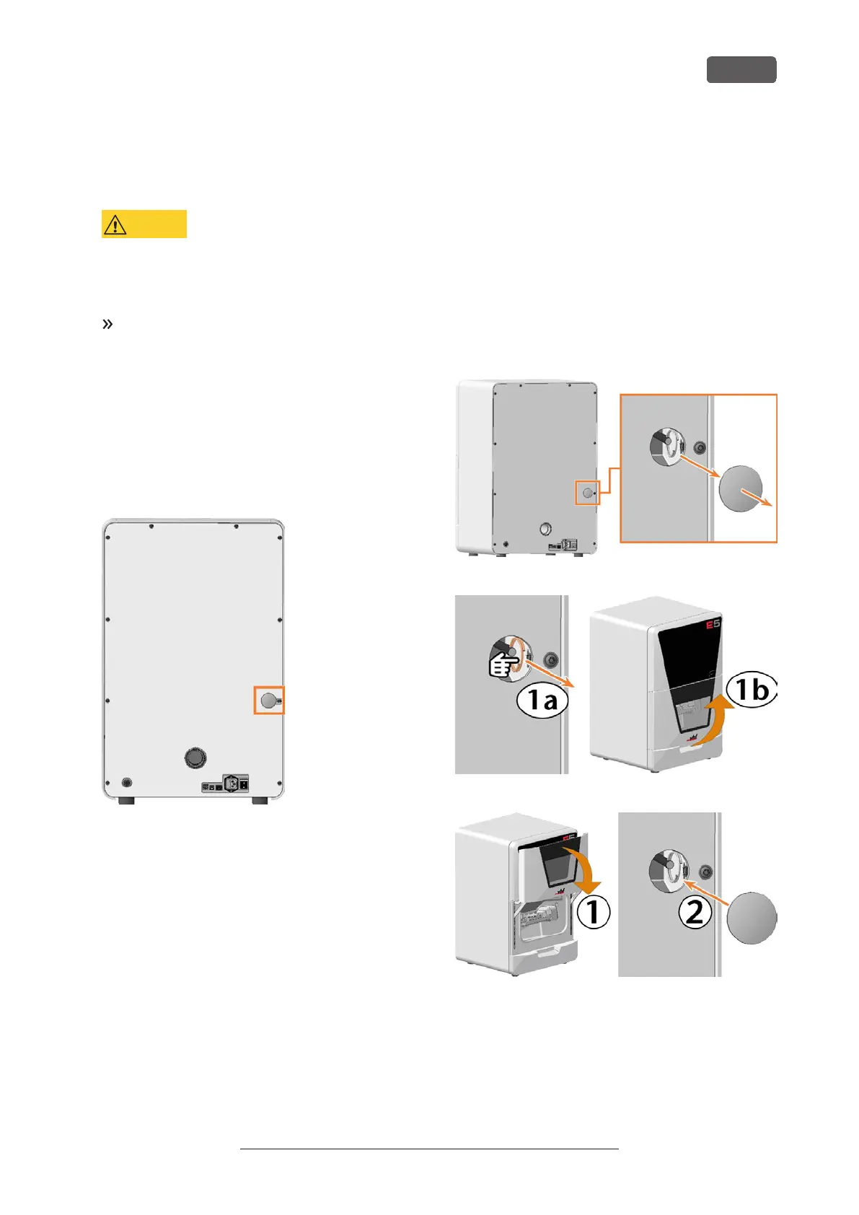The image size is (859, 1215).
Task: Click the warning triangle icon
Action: tap(115, 225)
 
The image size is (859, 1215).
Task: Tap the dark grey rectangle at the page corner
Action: tap(741, 70)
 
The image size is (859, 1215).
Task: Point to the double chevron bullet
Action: tap(107, 324)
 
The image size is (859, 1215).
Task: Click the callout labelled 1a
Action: tap(542, 700)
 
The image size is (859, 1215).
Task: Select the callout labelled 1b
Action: tap(752, 690)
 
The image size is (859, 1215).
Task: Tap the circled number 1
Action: tap(594, 912)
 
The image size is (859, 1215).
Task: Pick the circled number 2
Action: tap(695, 912)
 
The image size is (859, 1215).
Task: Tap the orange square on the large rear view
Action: tap(269, 700)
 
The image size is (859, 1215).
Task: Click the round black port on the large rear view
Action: tap(195, 758)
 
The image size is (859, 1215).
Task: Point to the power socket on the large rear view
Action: tap(232, 783)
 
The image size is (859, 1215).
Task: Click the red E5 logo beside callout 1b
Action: tap(713, 624)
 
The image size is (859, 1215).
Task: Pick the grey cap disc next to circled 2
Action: tap(752, 918)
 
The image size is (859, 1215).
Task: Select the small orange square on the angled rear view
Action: tap(587, 493)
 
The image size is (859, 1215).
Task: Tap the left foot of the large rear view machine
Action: tap(126, 800)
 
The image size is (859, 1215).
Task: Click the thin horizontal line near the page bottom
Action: tap(429, 1149)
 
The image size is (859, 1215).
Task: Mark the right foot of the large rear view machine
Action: tap(260, 800)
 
